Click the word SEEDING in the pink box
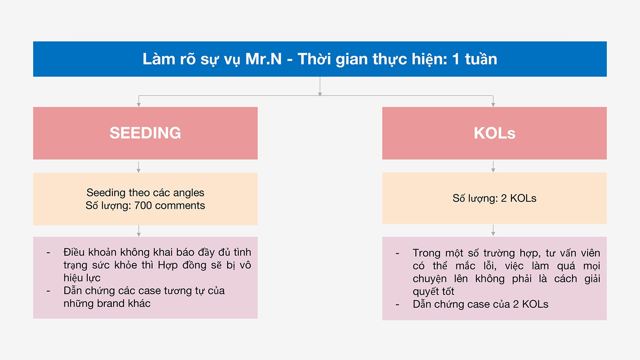point(145,133)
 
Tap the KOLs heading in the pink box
point(494,133)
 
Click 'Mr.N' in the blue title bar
point(264,59)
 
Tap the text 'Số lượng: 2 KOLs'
point(494,198)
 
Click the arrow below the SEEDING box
point(138,167)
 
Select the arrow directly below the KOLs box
point(493,166)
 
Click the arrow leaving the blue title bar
point(320,86)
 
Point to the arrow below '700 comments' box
point(138,231)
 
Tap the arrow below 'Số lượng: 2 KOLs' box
point(493,230)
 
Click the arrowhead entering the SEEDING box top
point(138,105)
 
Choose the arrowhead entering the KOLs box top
point(493,105)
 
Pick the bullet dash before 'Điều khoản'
point(48,252)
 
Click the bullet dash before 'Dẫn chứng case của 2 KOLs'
point(398,304)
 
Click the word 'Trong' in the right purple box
point(425,253)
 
